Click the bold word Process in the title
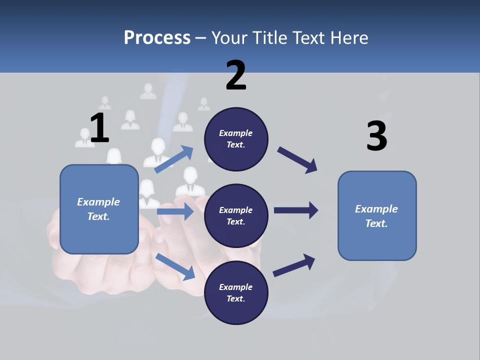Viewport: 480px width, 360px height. tap(157, 37)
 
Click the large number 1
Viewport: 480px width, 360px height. tap(99, 128)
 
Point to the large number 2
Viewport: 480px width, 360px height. tap(236, 75)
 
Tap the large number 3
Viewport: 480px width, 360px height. tap(376, 136)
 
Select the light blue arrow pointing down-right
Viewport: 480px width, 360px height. tap(175, 266)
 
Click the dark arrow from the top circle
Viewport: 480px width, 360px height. tap(297, 160)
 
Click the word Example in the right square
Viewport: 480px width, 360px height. tap(376, 209)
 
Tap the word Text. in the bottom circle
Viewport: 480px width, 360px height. tap(235, 298)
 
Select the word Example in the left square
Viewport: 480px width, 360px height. tap(98, 202)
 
